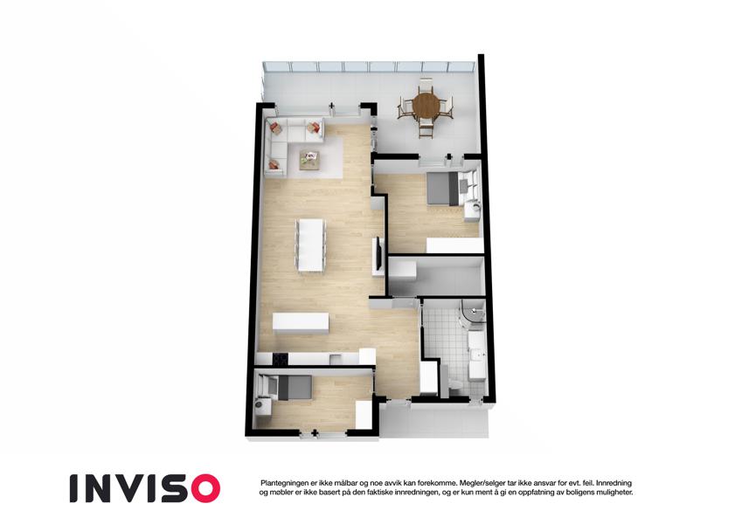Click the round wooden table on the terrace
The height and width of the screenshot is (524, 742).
click(x=426, y=105)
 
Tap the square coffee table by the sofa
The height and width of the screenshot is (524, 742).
click(x=309, y=159)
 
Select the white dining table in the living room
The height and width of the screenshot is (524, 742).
click(x=310, y=245)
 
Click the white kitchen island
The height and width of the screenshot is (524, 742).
click(x=301, y=323)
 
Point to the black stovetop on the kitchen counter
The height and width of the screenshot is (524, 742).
click(x=280, y=359)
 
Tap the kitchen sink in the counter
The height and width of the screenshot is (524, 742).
click(x=336, y=358)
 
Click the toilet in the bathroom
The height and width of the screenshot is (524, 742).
click(x=454, y=384)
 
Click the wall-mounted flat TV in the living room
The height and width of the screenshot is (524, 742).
click(x=378, y=254)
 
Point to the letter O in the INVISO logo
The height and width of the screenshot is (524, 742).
click(x=205, y=488)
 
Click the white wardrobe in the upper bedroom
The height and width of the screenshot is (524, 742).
click(x=454, y=245)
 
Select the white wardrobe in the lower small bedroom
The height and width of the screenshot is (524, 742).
click(x=364, y=415)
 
